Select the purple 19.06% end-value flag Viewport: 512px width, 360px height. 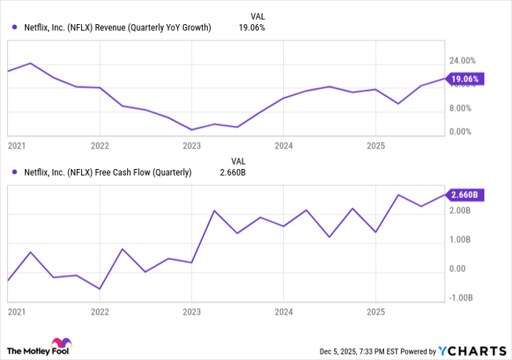click(463, 79)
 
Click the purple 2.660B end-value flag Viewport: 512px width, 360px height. click(463, 195)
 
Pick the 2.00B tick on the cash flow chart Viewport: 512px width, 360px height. click(463, 211)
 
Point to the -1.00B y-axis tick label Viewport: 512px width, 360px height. click(462, 297)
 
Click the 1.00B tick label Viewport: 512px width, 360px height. click(463, 240)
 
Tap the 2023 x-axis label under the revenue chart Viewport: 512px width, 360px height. click(191, 146)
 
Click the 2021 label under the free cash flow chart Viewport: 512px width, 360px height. click(15, 311)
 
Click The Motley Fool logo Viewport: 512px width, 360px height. click(41, 346)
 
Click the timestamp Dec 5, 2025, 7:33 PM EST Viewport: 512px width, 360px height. click(363, 351)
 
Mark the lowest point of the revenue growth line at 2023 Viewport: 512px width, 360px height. click(192, 130)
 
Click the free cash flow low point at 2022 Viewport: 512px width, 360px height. click(99, 289)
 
